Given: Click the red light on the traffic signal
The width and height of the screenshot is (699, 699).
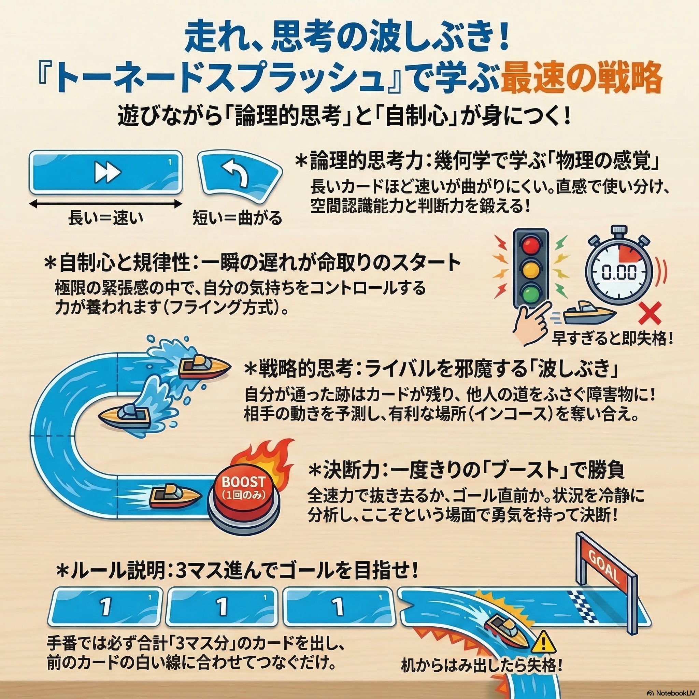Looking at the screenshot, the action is click(x=531, y=246).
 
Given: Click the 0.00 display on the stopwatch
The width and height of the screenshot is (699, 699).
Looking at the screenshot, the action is click(x=619, y=272).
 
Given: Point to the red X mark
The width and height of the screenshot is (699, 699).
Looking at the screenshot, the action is click(x=650, y=313).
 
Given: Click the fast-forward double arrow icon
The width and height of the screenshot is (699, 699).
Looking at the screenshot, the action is click(x=108, y=172).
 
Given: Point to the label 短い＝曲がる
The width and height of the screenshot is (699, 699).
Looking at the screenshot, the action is click(x=237, y=218).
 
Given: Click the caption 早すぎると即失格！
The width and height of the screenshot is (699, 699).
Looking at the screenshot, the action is click(x=612, y=339).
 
